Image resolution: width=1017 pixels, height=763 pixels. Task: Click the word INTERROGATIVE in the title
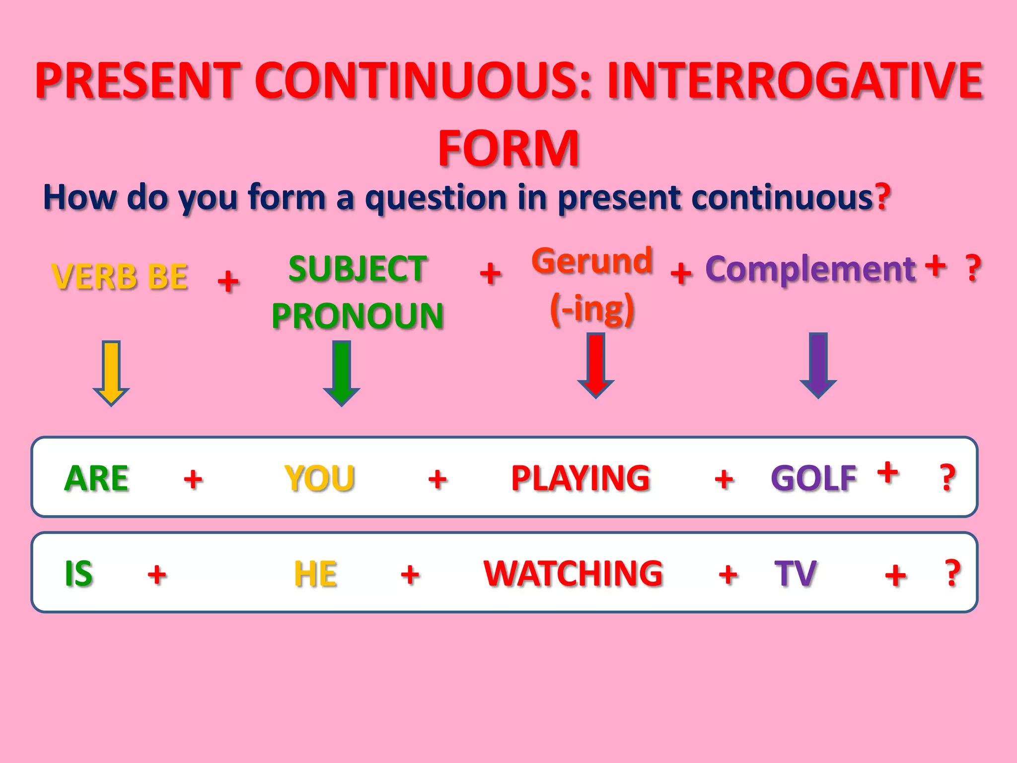click(795, 80)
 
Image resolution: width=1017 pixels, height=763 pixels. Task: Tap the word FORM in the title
click(508, 148)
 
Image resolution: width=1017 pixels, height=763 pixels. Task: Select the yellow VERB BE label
click(120, 276)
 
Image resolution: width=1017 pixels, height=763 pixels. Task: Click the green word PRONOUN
click(358, 316)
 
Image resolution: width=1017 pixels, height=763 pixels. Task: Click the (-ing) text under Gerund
click(592, 309)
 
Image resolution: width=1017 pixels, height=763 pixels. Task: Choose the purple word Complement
click(810, 269)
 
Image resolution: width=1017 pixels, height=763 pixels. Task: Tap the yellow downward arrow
click(111, 373)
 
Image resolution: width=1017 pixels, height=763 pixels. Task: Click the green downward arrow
click(342, 373)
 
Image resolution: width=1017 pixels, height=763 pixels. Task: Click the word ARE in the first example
click(97, 478)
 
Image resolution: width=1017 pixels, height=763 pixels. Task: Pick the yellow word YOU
click(319, 478)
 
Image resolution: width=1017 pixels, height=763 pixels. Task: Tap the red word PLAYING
click(581, 478)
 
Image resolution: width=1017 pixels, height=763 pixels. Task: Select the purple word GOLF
click(814, 478)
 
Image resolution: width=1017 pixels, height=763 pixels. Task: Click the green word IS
click(79, 574)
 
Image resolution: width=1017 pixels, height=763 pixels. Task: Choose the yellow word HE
click(315, 574)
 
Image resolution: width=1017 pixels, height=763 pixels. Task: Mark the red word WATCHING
click(574, 574)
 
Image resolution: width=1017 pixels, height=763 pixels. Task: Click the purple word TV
click(796, 574)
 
